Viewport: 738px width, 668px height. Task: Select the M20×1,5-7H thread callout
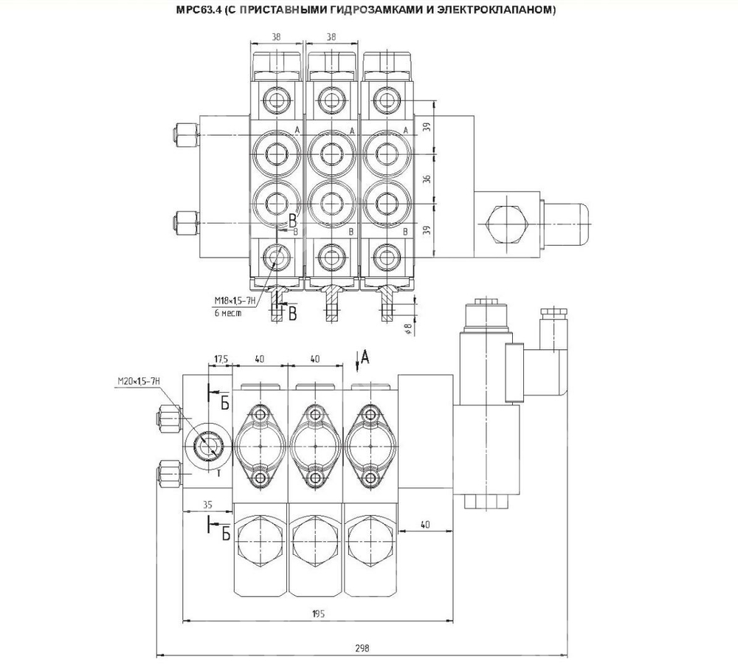pos(138,381)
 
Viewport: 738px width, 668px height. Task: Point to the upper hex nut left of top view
pos(182,134)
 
